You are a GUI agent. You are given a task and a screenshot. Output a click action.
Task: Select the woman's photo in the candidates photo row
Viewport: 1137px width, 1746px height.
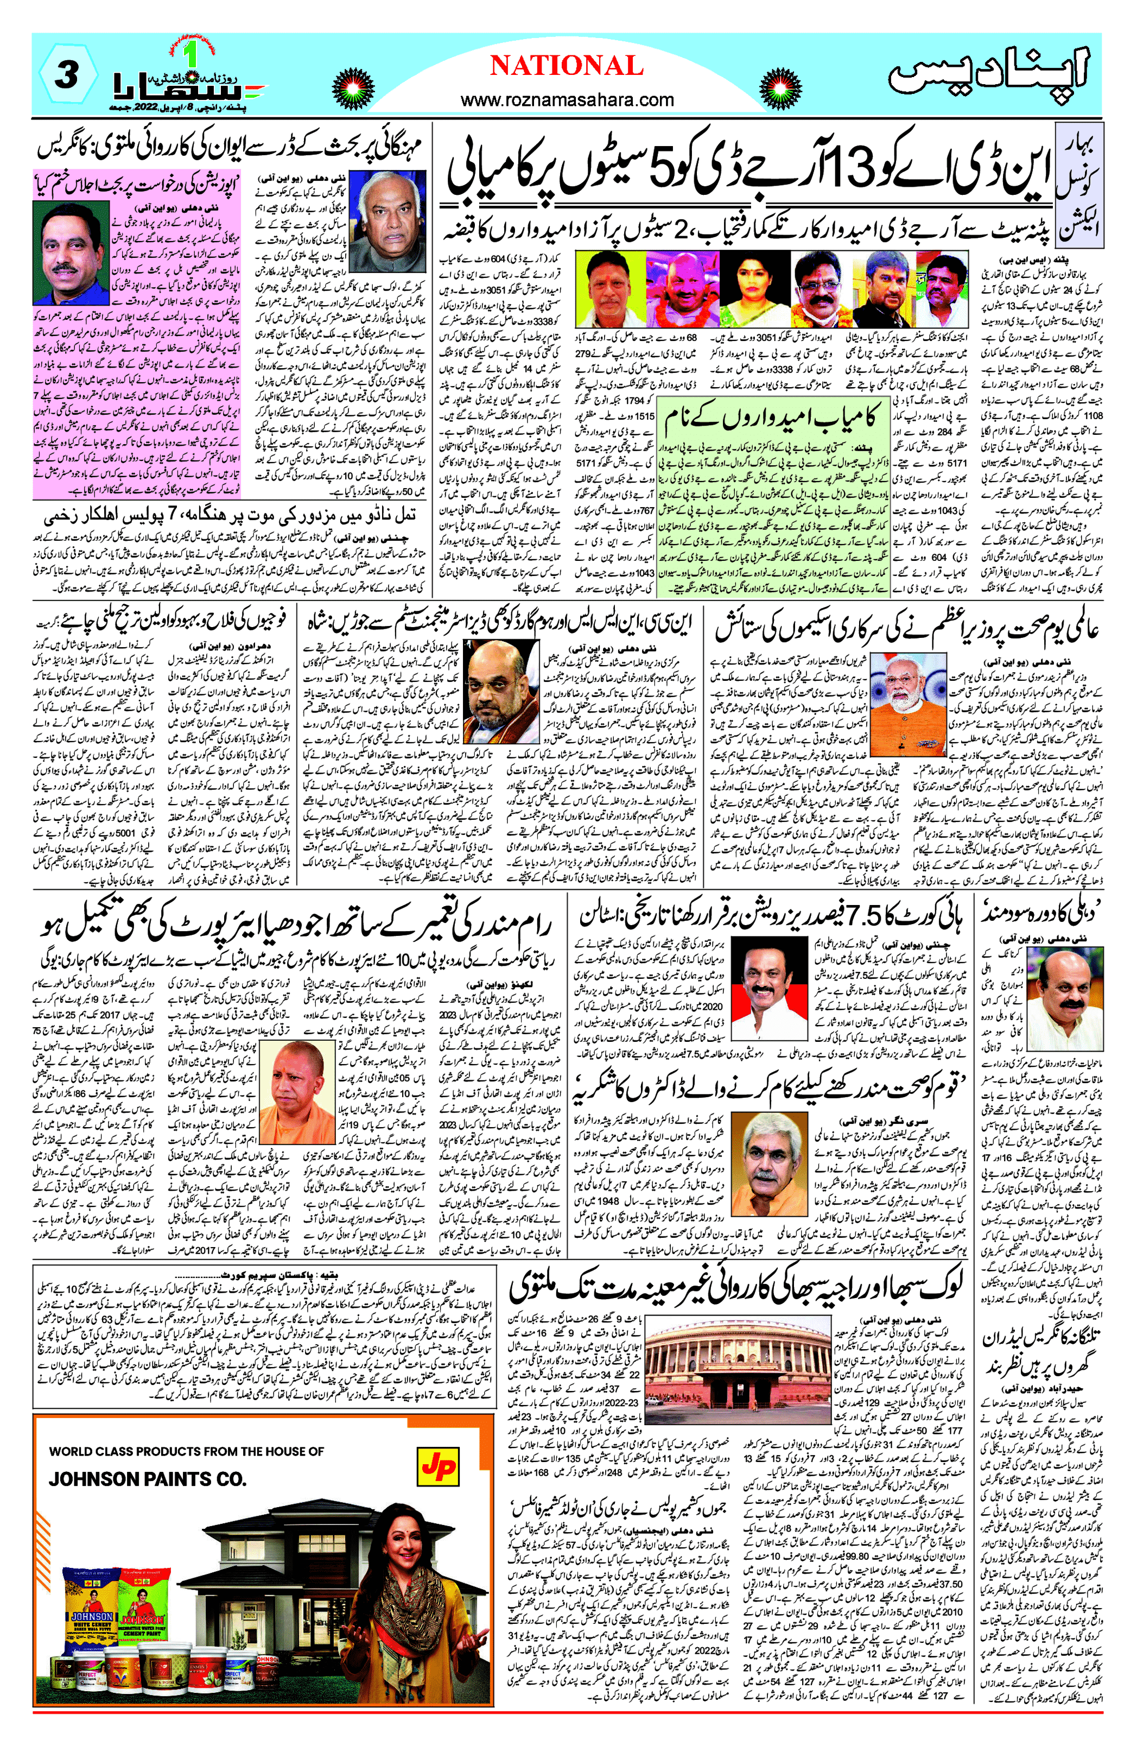click(x=748, y=288)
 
